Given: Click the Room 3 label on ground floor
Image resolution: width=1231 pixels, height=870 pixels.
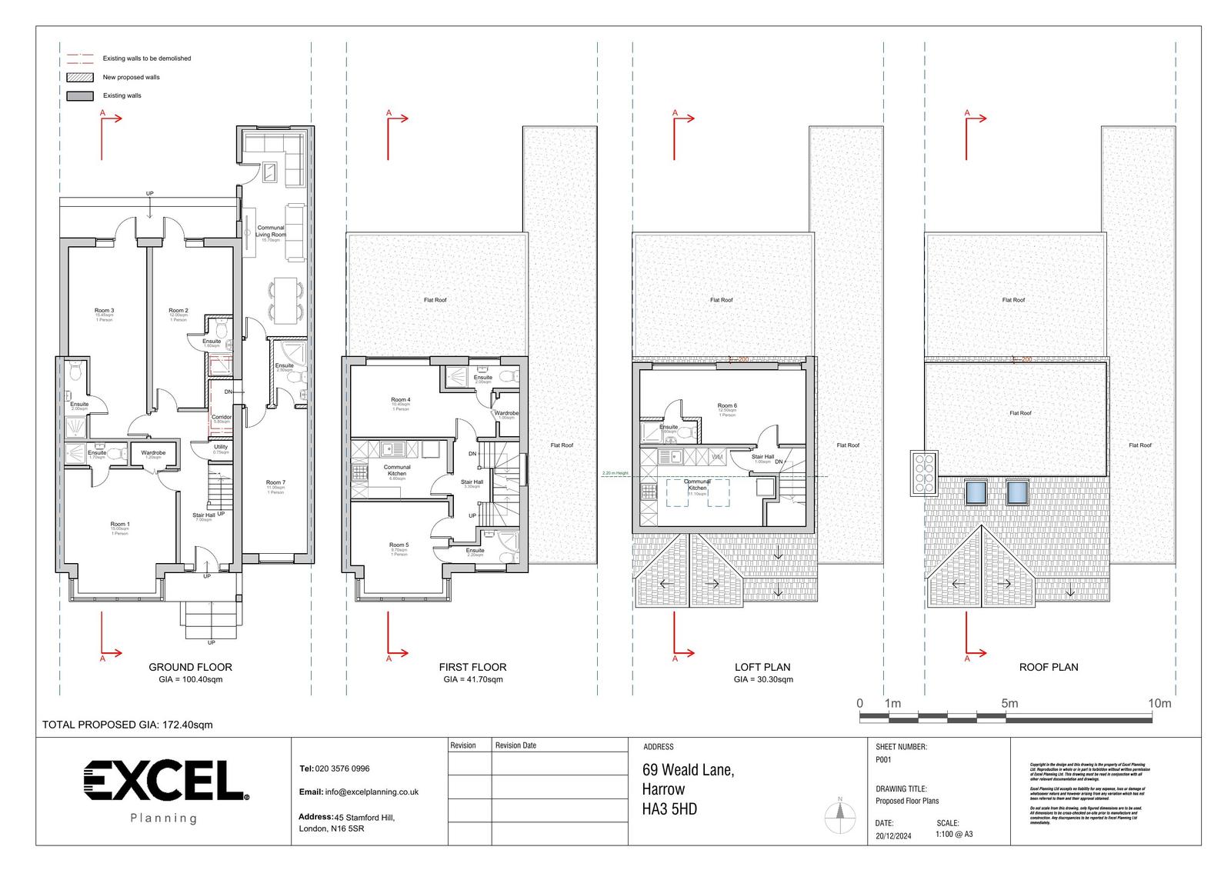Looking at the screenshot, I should pyautogui.click(x=105, y=311).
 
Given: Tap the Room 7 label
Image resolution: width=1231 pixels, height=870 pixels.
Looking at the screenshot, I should pyautogui.click(x=275, y=483).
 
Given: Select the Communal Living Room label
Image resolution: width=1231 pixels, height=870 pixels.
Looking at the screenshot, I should pyautogui.click(x=271, y=231).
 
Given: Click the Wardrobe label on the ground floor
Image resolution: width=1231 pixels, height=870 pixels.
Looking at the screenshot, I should pyautogui.click(x=153, y=453).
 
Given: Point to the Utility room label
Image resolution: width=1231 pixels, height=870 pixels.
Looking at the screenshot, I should pyautogui.click(x=221, y=447).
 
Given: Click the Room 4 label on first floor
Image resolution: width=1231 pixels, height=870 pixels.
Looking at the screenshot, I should pyautogui.click(x=400, y=400).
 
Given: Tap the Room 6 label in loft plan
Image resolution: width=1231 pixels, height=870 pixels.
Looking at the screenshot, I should pyautogui.click(x=727, y=406).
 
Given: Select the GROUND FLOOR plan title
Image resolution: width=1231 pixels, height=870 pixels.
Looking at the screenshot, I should pyautogui.click(x=190, y=667).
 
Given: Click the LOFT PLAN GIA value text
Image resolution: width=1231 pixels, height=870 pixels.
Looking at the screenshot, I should pyautogui.click(x=762, y=679).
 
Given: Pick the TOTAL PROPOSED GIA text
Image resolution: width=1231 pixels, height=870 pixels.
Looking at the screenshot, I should pyautogui.click(x=127, y=725).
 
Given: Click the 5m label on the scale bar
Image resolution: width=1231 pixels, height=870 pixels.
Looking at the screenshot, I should pyautogui.click(x=1009, y=703).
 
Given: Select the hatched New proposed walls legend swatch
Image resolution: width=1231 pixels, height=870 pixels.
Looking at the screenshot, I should pyautogui.click(x=80, y=78).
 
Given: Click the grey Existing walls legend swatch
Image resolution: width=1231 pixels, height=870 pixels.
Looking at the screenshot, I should pyautogui.click(x=80, y=96).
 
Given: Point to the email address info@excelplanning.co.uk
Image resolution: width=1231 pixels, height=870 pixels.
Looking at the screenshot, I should pyautogui.click(x=372, y=792).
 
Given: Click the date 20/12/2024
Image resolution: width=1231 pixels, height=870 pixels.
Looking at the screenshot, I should pyautogui.click(x=893, y=836).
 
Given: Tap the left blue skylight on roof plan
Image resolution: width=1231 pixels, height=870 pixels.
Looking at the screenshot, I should pyautogui.click(x=976, y=492).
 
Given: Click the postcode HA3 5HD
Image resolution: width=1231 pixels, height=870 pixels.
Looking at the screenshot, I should pyautogui.click(x=669, y=809).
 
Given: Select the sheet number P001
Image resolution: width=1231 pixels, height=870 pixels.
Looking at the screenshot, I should pyautogui.click(x=883, y=759).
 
